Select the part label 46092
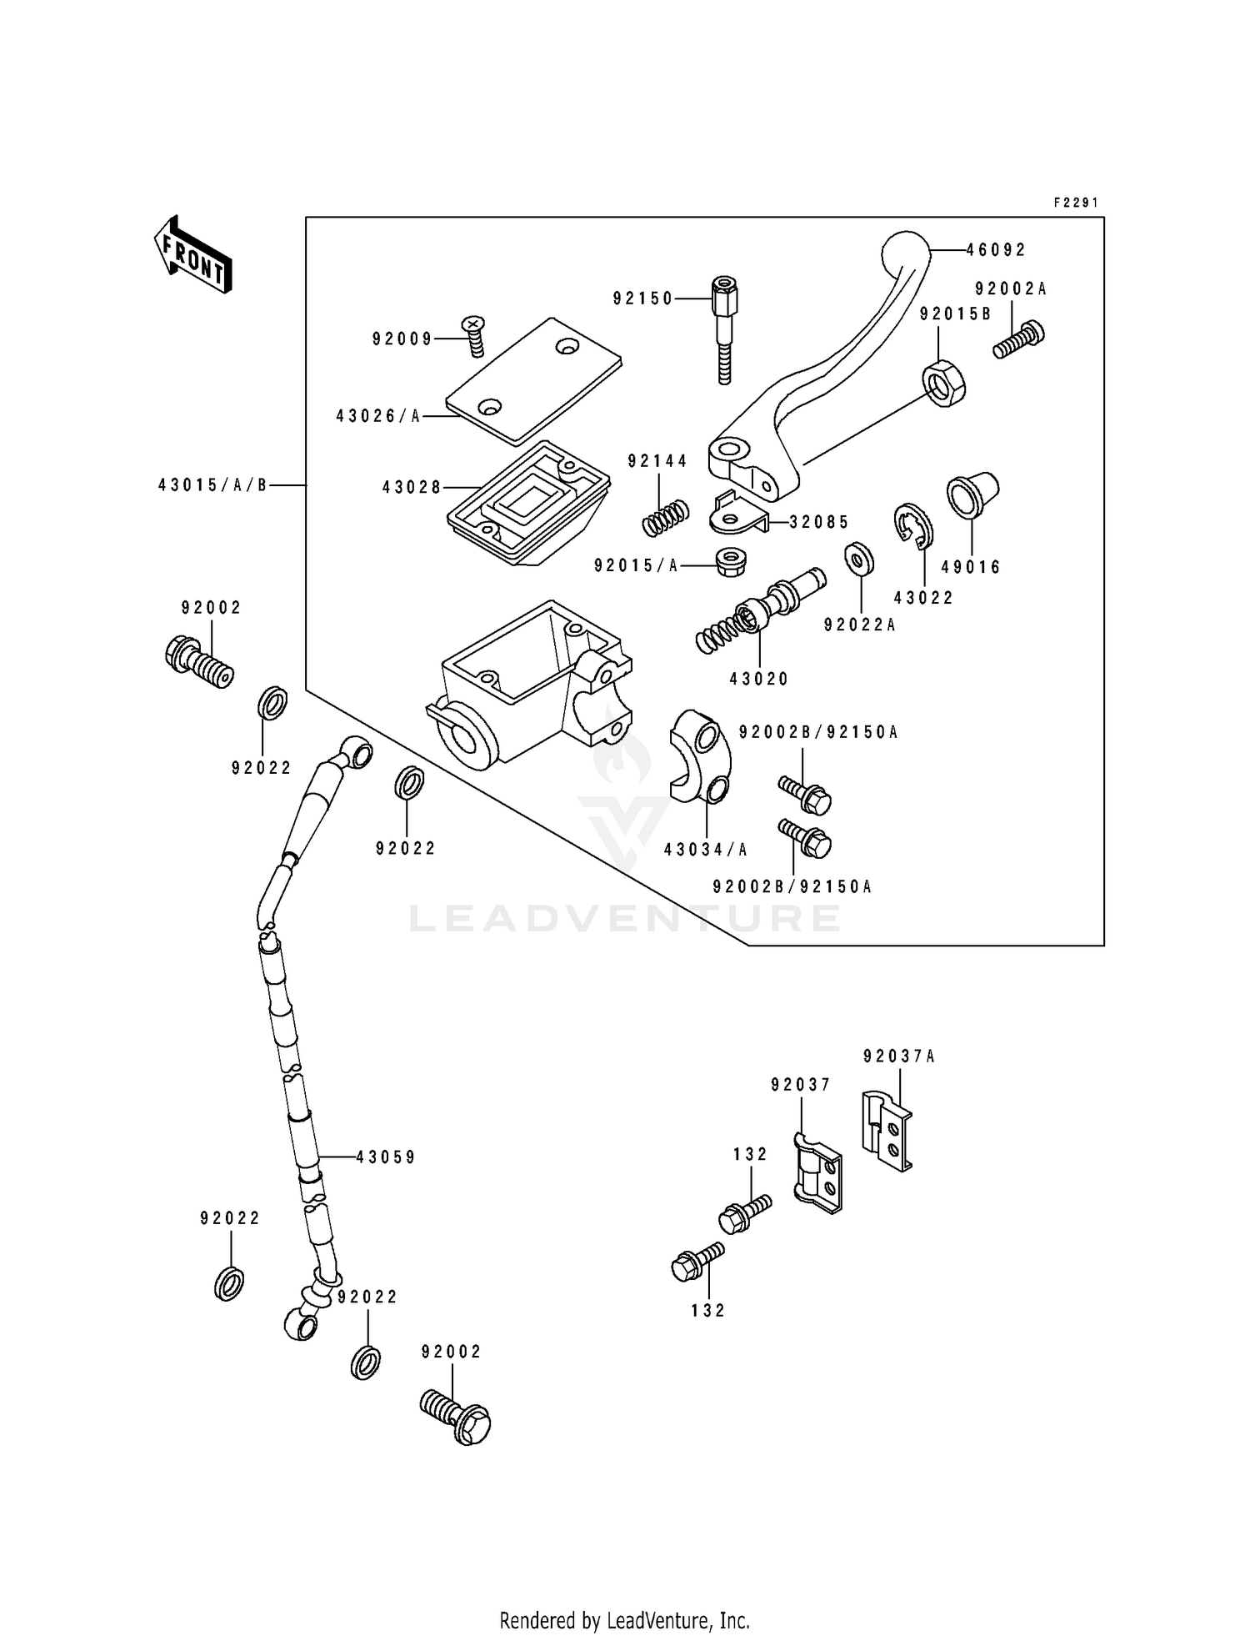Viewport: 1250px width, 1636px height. (x=997, y=249)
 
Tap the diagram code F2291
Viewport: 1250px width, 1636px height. (x=1076, y=203)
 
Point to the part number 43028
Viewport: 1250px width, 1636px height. (x=412, y=487)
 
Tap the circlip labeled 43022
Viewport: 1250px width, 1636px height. (x=914, y=528)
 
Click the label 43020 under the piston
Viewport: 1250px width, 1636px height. (x=758, y=679)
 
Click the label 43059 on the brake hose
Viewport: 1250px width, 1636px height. (x=385, y=1157)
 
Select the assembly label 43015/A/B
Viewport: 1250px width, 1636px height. (x=212, y=484)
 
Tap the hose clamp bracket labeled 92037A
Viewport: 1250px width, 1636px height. (x=887, y=1131)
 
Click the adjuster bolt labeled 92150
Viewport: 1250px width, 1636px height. (x=723, y=329)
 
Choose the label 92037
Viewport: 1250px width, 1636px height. (x=801, y=1085)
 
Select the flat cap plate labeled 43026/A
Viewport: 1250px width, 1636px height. (x=533, y=379)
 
